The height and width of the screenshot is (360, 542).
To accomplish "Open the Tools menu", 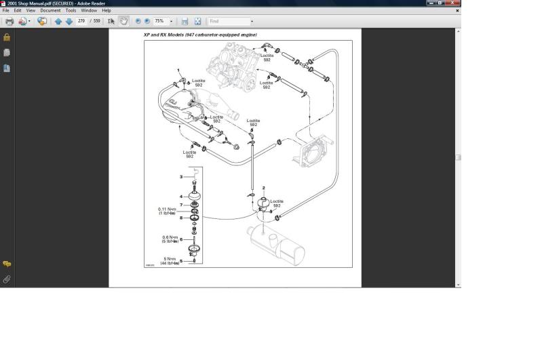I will (71, 11).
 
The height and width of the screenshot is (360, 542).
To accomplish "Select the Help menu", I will (107, 11).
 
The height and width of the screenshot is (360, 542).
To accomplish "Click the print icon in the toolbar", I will (9, 22).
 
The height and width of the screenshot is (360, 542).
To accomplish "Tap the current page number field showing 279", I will (82, 22).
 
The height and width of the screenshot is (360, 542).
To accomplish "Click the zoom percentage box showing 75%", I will (161, 22).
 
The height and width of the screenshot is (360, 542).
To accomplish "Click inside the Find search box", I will (229, 22).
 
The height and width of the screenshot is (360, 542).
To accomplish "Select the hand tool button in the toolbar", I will (123, 22).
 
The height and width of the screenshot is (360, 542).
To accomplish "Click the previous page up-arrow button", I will (58, 22).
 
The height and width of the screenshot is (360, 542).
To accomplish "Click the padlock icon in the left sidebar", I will (7, 37).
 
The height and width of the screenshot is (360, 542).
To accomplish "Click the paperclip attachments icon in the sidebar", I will (7, 279).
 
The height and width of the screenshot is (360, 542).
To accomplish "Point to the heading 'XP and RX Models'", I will (200, 35).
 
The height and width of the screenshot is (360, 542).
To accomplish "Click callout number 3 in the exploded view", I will (181, 177).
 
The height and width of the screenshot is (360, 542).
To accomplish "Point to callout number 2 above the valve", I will (263, 186).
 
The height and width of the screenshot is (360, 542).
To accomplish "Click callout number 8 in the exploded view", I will (181, 218).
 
